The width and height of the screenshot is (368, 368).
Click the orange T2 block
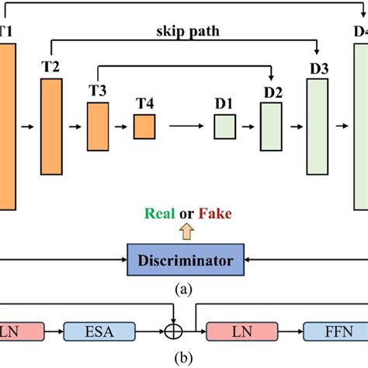tap(51, 127)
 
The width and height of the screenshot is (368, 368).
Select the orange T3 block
tap(98, 126)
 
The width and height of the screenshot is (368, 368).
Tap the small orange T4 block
tap(144, 126)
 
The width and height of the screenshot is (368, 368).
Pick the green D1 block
tap(225, 126)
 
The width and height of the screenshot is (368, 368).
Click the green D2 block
tap(272, 126)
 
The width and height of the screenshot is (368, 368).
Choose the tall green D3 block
tap(318, 126)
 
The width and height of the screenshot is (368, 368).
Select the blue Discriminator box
tap(185, 259)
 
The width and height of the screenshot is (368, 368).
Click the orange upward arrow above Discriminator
tap(185, 231)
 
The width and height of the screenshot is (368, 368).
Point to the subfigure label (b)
tap(184, 358)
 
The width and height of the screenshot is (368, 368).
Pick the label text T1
tap(5, 33)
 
